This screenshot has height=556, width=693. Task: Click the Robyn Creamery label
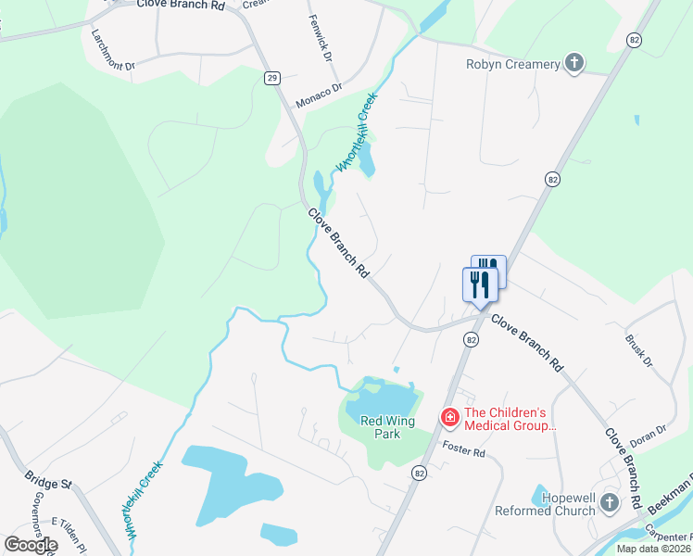click(512, 64)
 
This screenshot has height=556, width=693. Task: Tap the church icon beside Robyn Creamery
click(574, 63)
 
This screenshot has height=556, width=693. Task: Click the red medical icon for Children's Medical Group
click(449, 419)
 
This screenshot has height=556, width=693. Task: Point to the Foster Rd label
click(464, 452)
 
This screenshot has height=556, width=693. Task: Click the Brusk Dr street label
click(639, 352)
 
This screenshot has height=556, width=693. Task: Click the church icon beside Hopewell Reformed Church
click(609, 502)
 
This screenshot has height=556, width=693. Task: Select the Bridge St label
click(47, 484)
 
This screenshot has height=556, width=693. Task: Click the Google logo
click(30, 545)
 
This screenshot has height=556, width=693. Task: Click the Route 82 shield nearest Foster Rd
click(420, 473)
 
